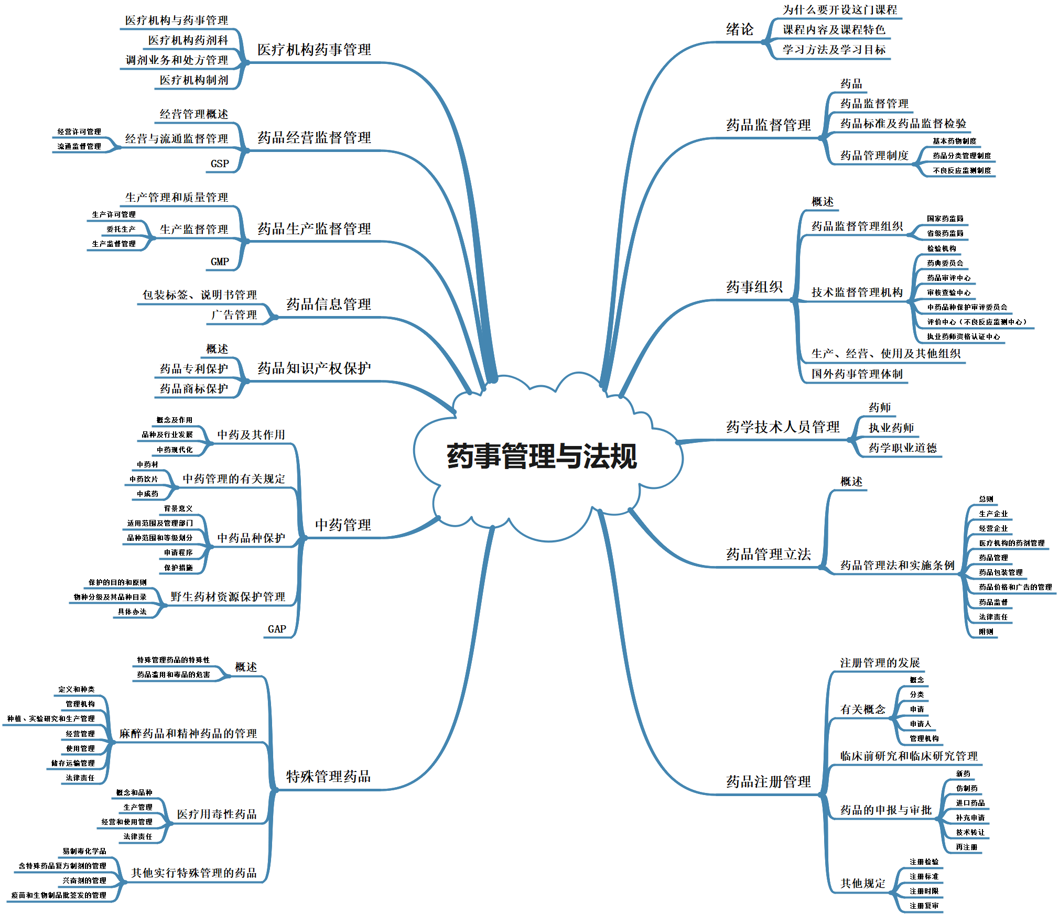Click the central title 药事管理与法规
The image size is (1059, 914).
pos(542,456)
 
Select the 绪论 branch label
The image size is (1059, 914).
pos(739,29)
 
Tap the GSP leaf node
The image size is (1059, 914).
pos(220,164)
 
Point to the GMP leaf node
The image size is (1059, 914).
pos(220,262)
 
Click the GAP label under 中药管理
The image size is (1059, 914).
pos(277,629)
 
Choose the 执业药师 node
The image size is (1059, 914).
pos(891,428)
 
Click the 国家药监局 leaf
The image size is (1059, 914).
pos(945,219)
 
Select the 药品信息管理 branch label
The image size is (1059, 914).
pos(328,304)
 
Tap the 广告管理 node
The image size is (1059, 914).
pos(234,314)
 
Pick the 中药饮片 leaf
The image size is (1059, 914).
pos(144,479)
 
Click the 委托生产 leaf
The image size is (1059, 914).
pos(121,229)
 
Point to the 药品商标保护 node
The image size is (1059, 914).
pos(194,388)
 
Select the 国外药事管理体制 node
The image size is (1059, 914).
pos(857,374)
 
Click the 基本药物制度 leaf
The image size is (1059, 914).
pos(954,141)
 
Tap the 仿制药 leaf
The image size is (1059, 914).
pos(966,788)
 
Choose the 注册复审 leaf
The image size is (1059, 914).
pos(924,906)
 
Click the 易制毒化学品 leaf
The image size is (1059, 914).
pos(84,851)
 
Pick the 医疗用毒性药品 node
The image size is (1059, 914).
pos(217,814)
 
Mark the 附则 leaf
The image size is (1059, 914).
pos(986,632)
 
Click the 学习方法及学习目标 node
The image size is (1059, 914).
pos(834,50)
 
